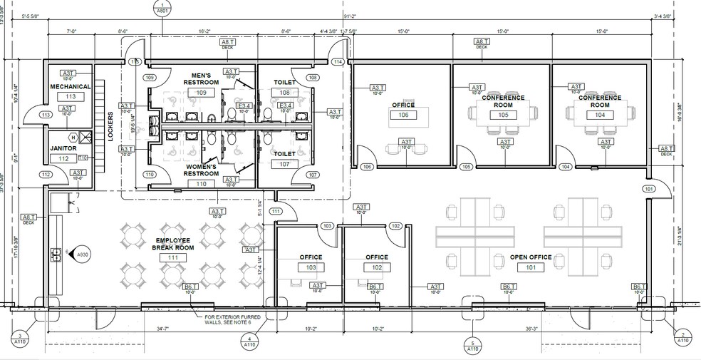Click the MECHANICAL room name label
(70, 86)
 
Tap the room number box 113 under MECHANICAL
(71, 96)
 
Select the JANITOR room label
(63, 148)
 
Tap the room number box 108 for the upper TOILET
(285, 93)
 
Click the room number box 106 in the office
(403, 115)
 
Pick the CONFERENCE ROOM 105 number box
(504, 115)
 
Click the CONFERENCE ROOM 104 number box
(600, 115)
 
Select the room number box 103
(311, 267)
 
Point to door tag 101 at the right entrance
(648, 189)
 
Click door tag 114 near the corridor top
(337, 63)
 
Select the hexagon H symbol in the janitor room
(73, 136)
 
